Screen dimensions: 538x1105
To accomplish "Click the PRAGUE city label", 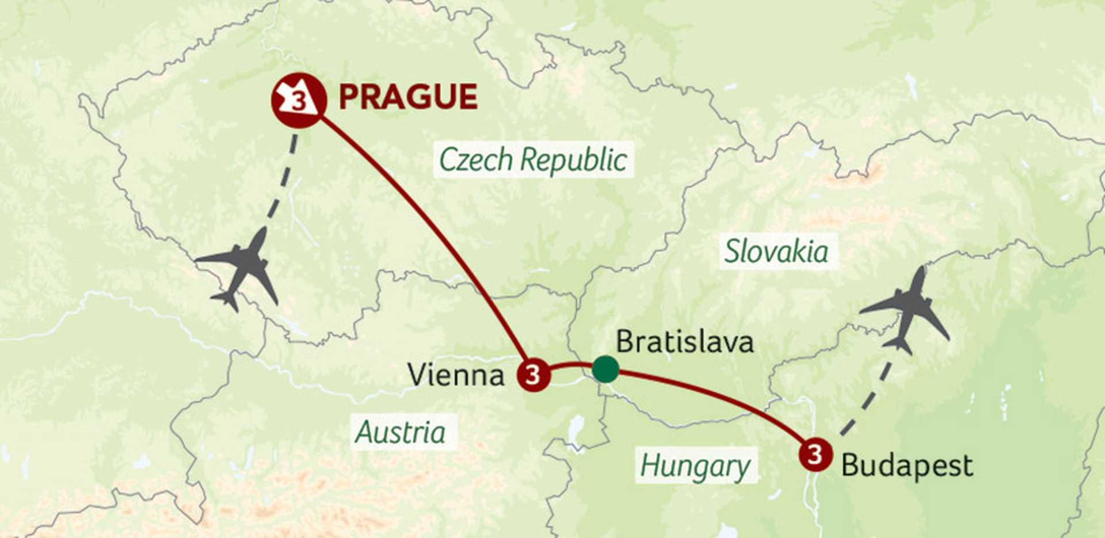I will pos(407,97).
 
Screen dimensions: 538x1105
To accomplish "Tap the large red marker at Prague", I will pos(299,101).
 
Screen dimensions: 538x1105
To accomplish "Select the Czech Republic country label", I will pos(533,159).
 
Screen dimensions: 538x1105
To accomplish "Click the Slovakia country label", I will pos(776,251).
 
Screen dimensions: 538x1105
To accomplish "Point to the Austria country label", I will pos(401,432).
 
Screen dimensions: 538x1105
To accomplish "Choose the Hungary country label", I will pos(695,466).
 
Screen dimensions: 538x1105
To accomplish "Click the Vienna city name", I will pos(456,375).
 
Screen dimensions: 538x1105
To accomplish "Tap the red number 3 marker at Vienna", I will pos(533,375).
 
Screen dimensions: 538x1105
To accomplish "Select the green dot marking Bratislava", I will pos(605,369).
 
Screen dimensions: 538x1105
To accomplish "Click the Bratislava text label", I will pos(684,342).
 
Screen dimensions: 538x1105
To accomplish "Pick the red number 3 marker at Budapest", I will pos(815,455).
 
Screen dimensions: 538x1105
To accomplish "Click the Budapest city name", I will pos(906,465).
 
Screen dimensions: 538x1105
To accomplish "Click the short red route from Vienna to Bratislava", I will pos(570,365).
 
